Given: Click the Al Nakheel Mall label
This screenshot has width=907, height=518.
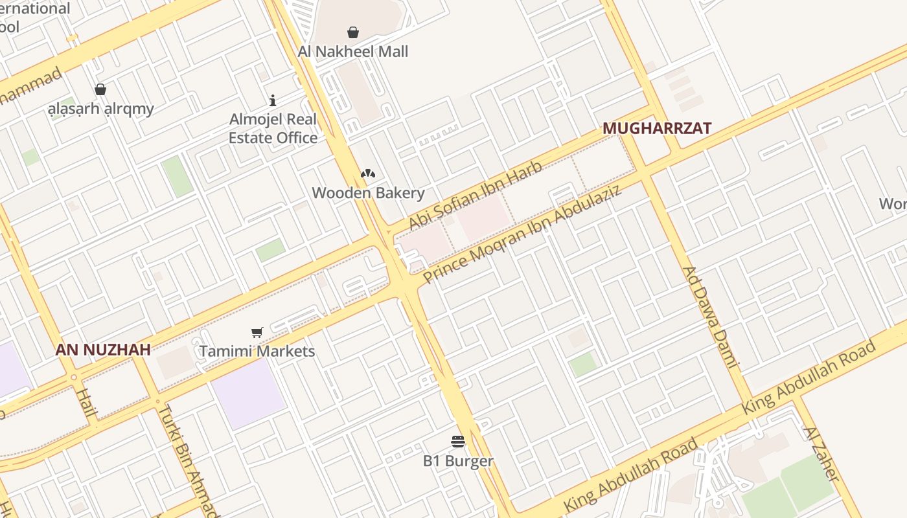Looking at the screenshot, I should tap(353, 51).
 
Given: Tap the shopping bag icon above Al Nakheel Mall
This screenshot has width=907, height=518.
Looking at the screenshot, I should tap(353, 32).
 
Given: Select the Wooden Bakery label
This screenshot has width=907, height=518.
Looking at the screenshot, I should tap(368, 192).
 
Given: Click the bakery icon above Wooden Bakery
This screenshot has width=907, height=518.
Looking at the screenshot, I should tap(368, 174).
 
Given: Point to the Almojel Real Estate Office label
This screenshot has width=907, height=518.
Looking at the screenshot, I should tap(273, 128).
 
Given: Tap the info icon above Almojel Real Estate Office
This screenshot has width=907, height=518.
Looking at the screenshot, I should tap(273, 100).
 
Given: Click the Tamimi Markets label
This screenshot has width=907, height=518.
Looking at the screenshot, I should tap(257, 351).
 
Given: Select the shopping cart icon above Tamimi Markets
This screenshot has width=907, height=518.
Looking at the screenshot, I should tap(257, 333).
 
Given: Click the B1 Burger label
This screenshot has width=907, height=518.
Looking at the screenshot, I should tap(458, 461).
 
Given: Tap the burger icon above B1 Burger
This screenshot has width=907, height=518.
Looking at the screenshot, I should tap(458, 442).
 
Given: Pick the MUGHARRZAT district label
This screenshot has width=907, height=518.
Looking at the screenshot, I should tap(657, 128).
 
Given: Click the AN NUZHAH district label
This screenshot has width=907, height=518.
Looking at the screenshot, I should tap(103, 350).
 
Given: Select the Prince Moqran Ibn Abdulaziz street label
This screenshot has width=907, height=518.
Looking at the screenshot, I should tap(522, 234).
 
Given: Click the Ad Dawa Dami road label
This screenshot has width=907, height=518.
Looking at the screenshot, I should tap(711, 317).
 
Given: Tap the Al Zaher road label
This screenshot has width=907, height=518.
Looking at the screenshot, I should tap(821, 453).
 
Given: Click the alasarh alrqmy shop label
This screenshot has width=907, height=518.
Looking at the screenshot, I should tap(101, 108).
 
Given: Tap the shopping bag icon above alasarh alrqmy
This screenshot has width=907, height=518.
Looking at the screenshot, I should tap(100, 89).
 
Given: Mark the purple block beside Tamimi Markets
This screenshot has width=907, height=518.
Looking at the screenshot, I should tap(248, 393).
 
